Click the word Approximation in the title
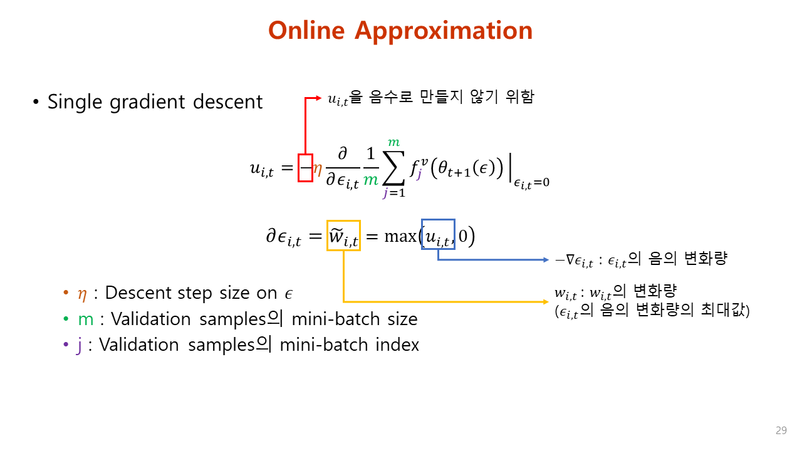pos(445,30)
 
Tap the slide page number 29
pos(781,430)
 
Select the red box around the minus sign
pos(305,168)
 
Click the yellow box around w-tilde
pos(343,236)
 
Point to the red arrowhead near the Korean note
pos(318,98)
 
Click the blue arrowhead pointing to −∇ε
pos(543,259)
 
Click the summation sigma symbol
pos(394,167)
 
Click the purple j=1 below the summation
pos(394,193)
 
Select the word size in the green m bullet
pos(402,319)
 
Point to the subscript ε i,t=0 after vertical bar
pos(531,182)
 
